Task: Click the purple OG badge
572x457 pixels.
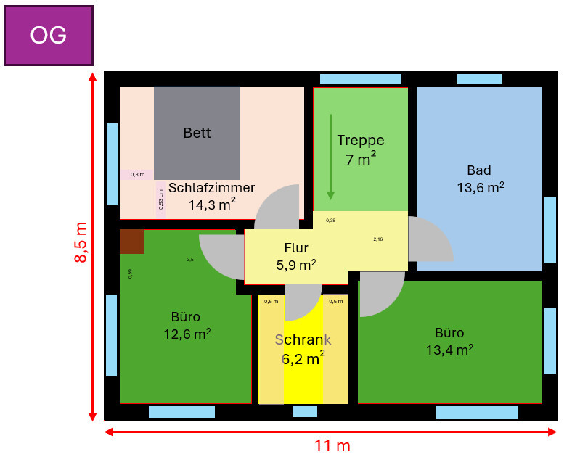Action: (49, 36)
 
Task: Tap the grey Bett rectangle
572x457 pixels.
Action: (197, 133)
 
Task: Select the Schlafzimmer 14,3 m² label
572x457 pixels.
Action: (211, 197)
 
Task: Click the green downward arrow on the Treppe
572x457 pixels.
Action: (330, 157)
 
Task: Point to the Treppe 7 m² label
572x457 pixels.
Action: (360, 149)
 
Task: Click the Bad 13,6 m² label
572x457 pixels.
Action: (480, 179)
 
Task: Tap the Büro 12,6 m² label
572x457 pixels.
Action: (186, 326)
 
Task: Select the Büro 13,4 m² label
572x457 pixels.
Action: (449, 342)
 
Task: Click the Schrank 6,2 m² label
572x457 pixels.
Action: (303, 348)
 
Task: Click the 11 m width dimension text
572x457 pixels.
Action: (332, 445)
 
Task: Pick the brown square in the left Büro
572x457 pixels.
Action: (132, 242)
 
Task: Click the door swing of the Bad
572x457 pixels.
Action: (430, 241)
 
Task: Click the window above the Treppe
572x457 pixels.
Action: (360, 79)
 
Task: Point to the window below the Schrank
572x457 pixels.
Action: (304, 412)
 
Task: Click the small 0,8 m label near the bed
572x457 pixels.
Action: (138, 174)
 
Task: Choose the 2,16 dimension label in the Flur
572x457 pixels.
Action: (377, 239)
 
